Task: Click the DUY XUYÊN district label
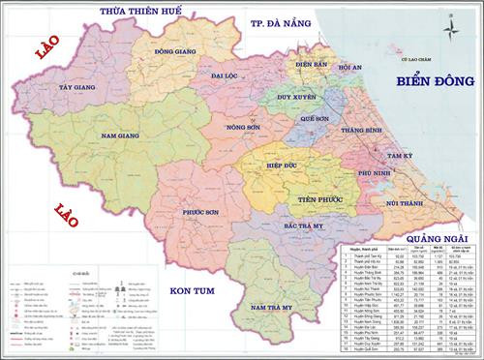pos(297,98)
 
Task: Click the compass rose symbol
pos(448,27)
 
